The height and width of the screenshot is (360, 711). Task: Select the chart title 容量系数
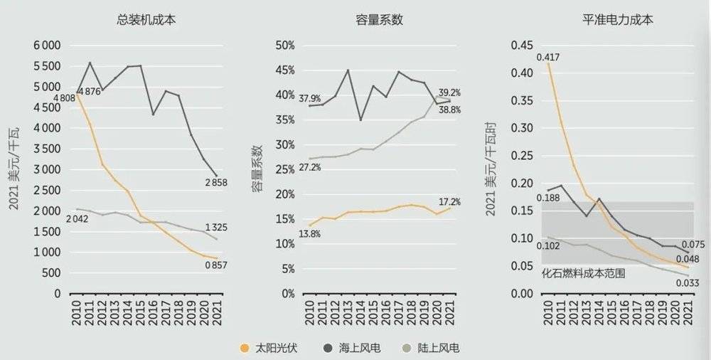tap(379, 20)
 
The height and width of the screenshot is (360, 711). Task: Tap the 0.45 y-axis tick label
tap(520, 46)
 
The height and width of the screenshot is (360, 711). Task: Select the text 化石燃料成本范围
tap(583, 273)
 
